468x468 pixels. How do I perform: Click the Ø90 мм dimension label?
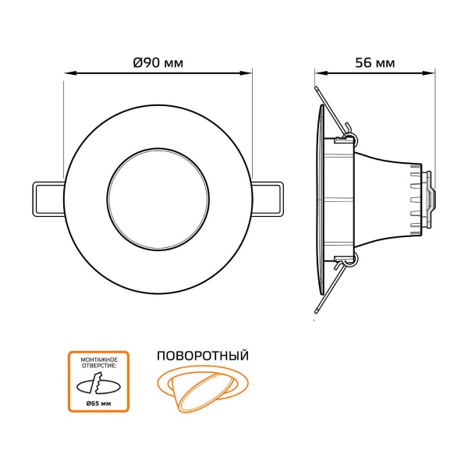pyautogui.click(x=158, y=62)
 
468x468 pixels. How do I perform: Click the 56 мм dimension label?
pyautogui.click(x=375, y=62)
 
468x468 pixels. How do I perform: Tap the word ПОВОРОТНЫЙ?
pyautogui.click(x=203, y=356)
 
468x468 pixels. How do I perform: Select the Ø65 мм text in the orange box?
pyautogui.click(x=98, y=403)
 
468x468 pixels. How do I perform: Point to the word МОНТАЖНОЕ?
pyautogui.click(x=99, y=360)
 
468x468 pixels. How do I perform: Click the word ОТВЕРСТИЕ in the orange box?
pyautogui.click(x=98, y=366)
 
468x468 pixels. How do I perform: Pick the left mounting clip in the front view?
pyautogui.click(x=48, y=199)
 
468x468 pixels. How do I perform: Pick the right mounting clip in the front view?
pyautogui.click(x=267, y=199)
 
